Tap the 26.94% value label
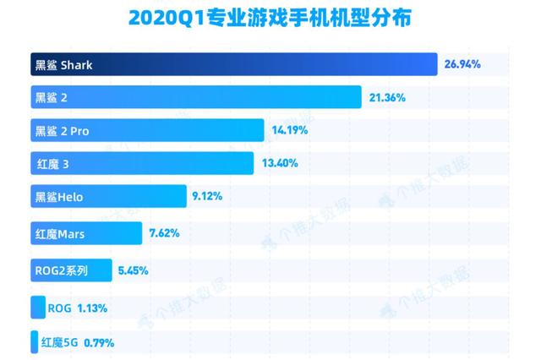[x=462, y=64]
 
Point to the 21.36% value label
[x=387, y=98]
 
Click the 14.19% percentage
[x=290, y=131]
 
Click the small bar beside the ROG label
[x=38, y=308]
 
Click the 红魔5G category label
[x=58, y=343]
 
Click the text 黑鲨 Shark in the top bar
[x=63, y=64]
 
